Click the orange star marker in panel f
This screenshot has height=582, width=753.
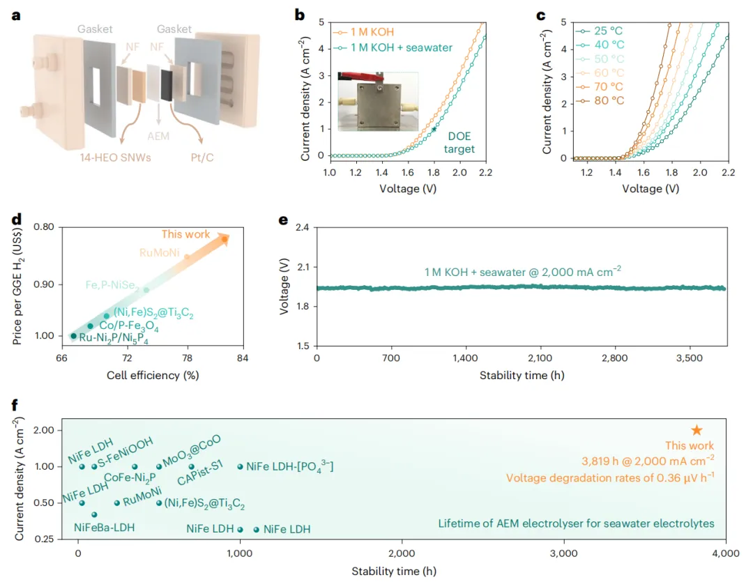697,430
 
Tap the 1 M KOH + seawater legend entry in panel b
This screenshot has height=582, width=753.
393,47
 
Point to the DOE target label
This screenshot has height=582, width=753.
459,143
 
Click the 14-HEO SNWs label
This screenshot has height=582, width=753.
115,158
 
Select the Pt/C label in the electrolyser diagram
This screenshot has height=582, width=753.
202,158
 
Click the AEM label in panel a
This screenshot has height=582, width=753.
158,136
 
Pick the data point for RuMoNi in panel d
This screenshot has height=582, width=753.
188,257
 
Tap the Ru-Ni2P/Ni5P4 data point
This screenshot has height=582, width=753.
73,336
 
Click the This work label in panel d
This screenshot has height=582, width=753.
185,234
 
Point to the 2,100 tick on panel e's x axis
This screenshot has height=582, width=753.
540,358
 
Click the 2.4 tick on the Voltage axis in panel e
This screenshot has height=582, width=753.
303,227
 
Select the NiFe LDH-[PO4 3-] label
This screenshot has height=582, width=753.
289,466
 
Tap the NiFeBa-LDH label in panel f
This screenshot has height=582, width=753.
104,527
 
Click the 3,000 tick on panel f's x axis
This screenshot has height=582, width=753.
564,553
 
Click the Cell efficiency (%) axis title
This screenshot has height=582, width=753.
153,375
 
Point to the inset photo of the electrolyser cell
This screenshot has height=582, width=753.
378,101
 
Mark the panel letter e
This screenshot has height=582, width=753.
283,220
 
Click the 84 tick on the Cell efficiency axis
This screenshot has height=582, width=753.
243,358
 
